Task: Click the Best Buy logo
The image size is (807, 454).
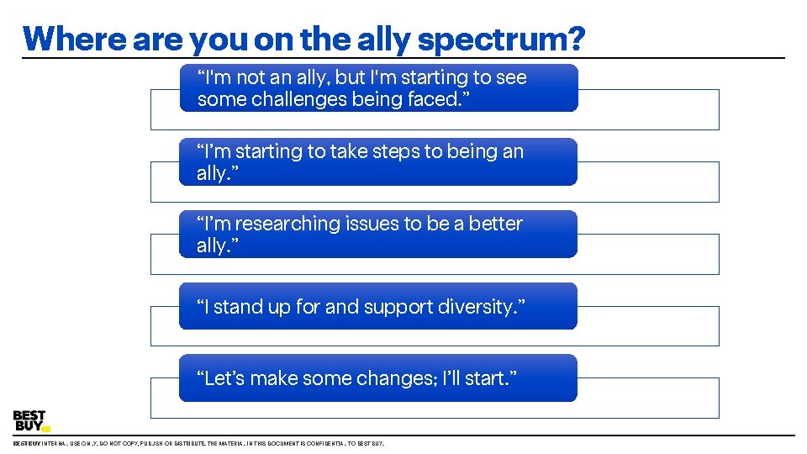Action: [30, 421]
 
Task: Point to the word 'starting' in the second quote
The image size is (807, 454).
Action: [270, 151]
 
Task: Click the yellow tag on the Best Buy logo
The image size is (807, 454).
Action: [45, 429]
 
